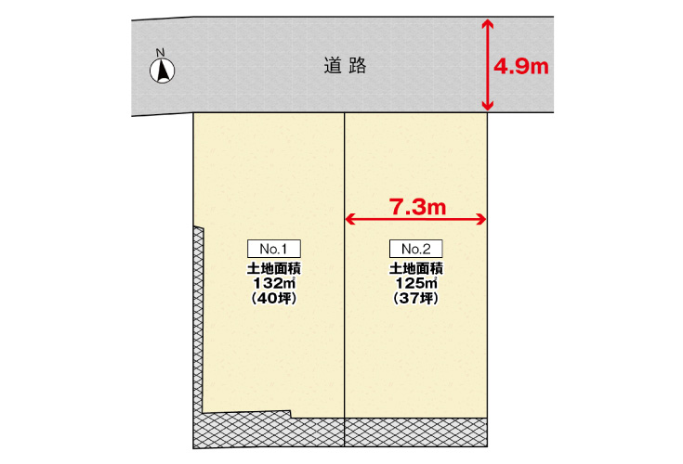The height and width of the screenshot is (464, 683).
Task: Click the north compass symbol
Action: tap(162, 71)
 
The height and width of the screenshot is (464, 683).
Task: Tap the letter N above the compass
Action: tap(160, 53)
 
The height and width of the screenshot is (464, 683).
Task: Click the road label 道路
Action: tap(345, 66)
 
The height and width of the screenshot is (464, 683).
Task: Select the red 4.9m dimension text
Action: tap(521, 67)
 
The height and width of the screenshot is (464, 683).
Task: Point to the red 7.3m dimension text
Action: tap(418, 207)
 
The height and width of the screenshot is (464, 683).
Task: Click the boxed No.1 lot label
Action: tap(274, 249)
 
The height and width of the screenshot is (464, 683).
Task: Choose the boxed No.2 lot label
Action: tap(416, 249)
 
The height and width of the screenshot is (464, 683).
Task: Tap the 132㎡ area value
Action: tap(274, 283)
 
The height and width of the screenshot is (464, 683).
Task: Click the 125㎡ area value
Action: tap(416, 283)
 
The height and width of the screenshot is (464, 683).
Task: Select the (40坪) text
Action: tap(274, 298)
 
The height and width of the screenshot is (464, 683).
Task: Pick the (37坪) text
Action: tap(416, 298)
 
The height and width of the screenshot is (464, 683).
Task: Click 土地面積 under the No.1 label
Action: tap(274, 268)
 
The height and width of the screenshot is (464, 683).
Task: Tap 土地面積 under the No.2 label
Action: tap(416, 268)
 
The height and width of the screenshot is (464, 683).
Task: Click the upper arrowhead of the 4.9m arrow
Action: tap(488, 23)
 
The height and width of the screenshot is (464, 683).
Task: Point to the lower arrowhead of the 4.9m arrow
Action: tap(488, 105)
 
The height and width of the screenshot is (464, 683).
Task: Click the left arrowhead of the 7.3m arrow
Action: tap(350, 219)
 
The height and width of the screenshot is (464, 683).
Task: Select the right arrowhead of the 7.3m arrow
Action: tap(481, 219)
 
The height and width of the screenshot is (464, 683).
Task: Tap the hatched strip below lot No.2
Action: tap(416, 432)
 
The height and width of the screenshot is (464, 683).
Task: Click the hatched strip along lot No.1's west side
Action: tap(198, 330)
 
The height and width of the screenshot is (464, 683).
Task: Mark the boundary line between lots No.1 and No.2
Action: tap(345, 279)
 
